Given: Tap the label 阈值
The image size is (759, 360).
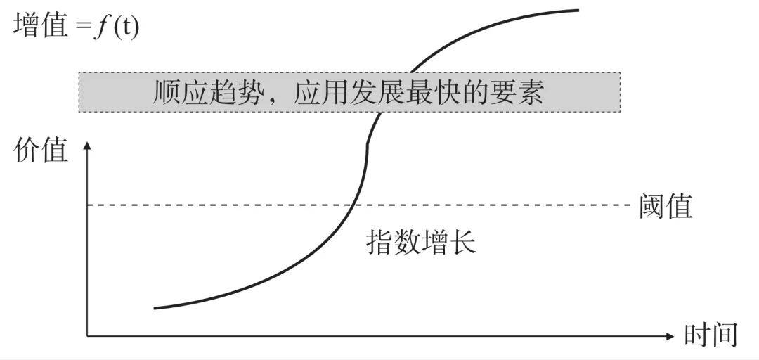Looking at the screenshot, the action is tap(666, 206).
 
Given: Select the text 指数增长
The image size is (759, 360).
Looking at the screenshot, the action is tap(421, 241).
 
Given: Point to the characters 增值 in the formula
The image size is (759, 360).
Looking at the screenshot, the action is tap(41, 26).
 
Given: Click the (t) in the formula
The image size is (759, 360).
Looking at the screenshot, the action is tap(126, 27).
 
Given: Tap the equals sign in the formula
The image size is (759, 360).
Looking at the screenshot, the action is tap(82, 27).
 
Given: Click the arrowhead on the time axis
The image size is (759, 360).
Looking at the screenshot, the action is tap(670, 336).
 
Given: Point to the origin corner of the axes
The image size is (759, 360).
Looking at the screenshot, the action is tap(88, 336).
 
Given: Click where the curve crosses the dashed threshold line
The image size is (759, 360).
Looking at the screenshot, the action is tap(353, 205).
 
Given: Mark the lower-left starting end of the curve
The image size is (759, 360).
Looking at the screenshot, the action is tap(155, 308).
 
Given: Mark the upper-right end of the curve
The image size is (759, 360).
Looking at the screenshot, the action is tap(578, 10).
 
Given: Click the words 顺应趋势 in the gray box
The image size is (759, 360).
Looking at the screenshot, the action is tap(205, 92).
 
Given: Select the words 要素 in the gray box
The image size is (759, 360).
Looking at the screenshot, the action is tap(517, 92).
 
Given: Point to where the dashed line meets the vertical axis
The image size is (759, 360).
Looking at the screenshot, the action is tap(88, 205).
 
